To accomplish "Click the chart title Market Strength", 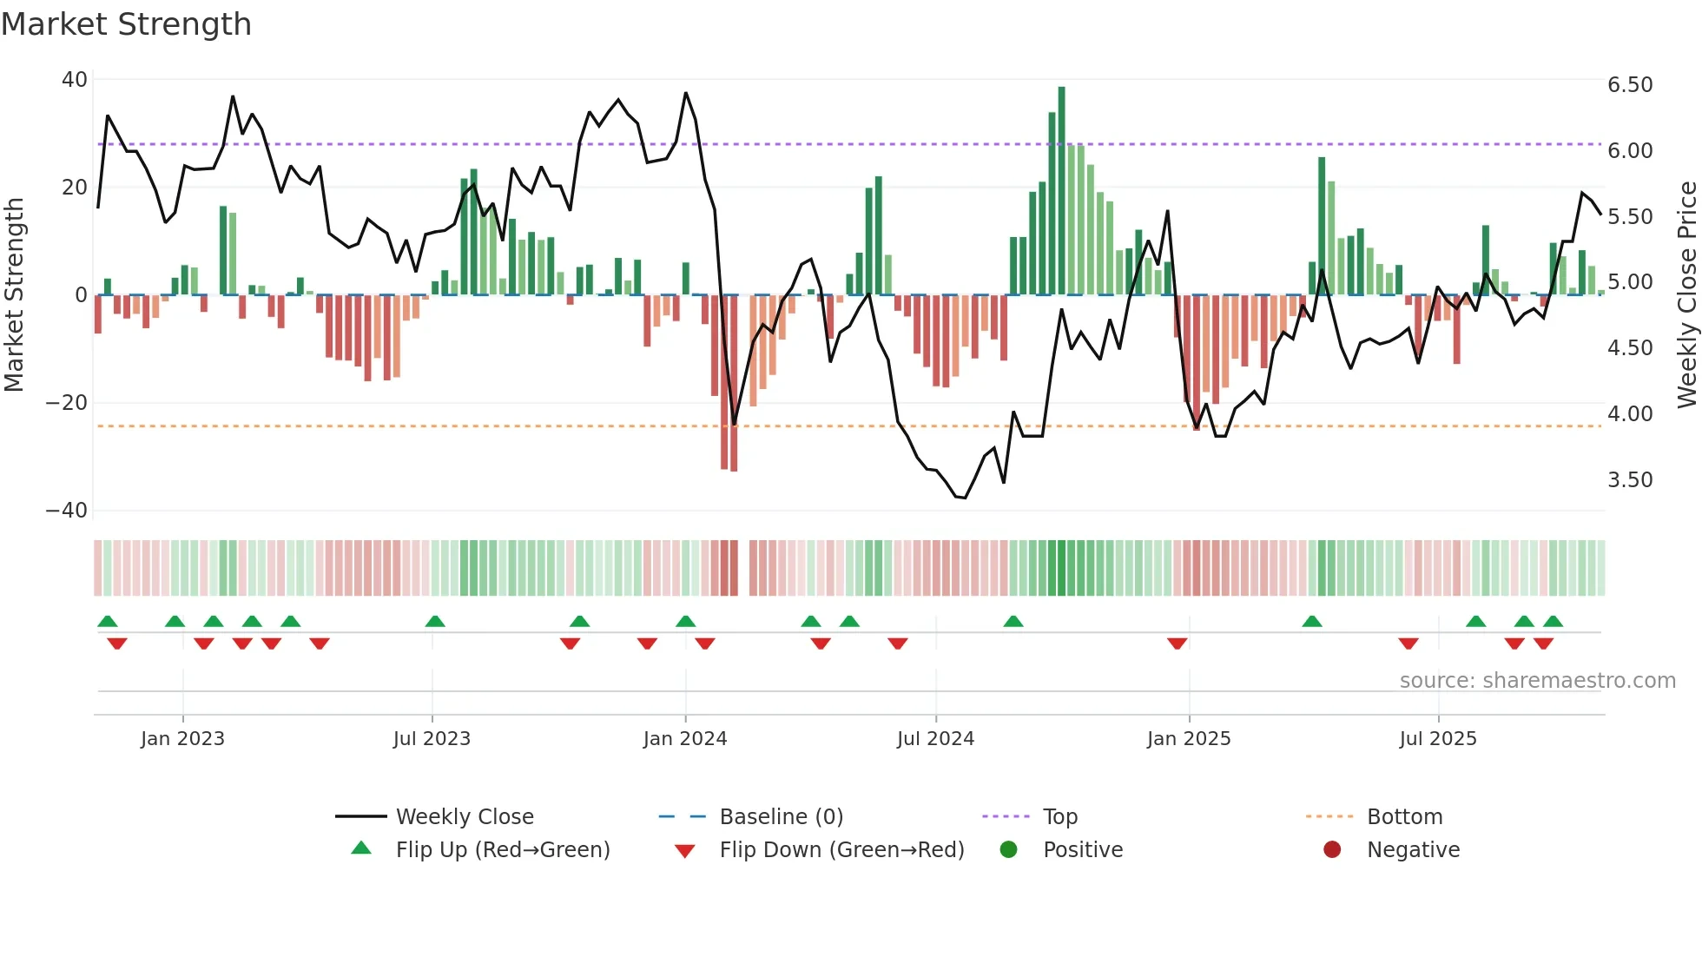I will [126, 24].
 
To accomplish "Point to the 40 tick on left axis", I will [75, 80].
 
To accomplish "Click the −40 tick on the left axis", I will [67, 511].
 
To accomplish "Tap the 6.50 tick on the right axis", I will [1630, 85].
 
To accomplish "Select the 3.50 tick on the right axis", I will [1630, 480].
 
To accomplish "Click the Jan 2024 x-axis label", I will [684, 739].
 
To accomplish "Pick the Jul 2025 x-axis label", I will [1437, 739].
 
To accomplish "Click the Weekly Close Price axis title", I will [1686, 294].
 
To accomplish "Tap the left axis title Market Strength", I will [15, 294].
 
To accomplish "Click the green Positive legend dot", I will [1008, 850].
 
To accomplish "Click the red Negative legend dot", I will [1332, 850].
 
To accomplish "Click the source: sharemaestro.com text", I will [1537, 681].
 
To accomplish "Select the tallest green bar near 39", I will [1061, 191].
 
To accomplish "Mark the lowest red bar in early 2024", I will [734, 382].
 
